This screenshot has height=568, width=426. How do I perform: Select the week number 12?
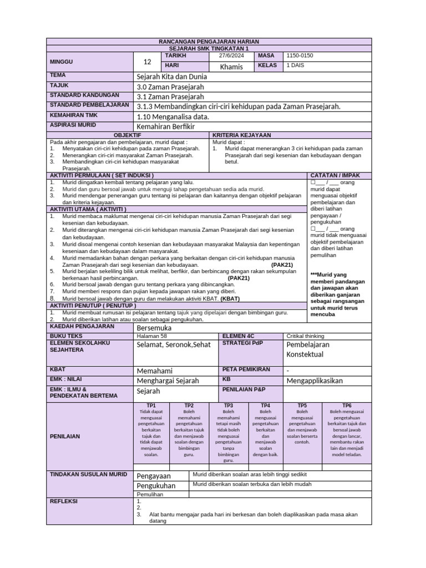(147, 62)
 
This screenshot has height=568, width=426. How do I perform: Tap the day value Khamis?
(231, 67)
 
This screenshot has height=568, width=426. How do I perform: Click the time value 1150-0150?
(300, 56)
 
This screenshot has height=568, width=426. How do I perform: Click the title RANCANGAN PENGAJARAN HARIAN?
(209, 42)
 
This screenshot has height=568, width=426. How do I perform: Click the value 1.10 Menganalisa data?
(173, 116)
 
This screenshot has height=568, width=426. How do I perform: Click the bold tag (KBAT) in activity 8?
(230, 298)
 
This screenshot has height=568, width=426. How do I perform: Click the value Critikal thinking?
(305, 336)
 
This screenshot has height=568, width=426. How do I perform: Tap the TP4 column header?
(265, 405)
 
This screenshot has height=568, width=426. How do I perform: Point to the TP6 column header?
(347, 405)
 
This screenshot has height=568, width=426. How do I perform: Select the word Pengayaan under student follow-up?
(154, 476)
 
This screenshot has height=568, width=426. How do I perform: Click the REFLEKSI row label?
(64, 501)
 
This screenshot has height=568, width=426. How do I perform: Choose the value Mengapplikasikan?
(314, 381)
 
